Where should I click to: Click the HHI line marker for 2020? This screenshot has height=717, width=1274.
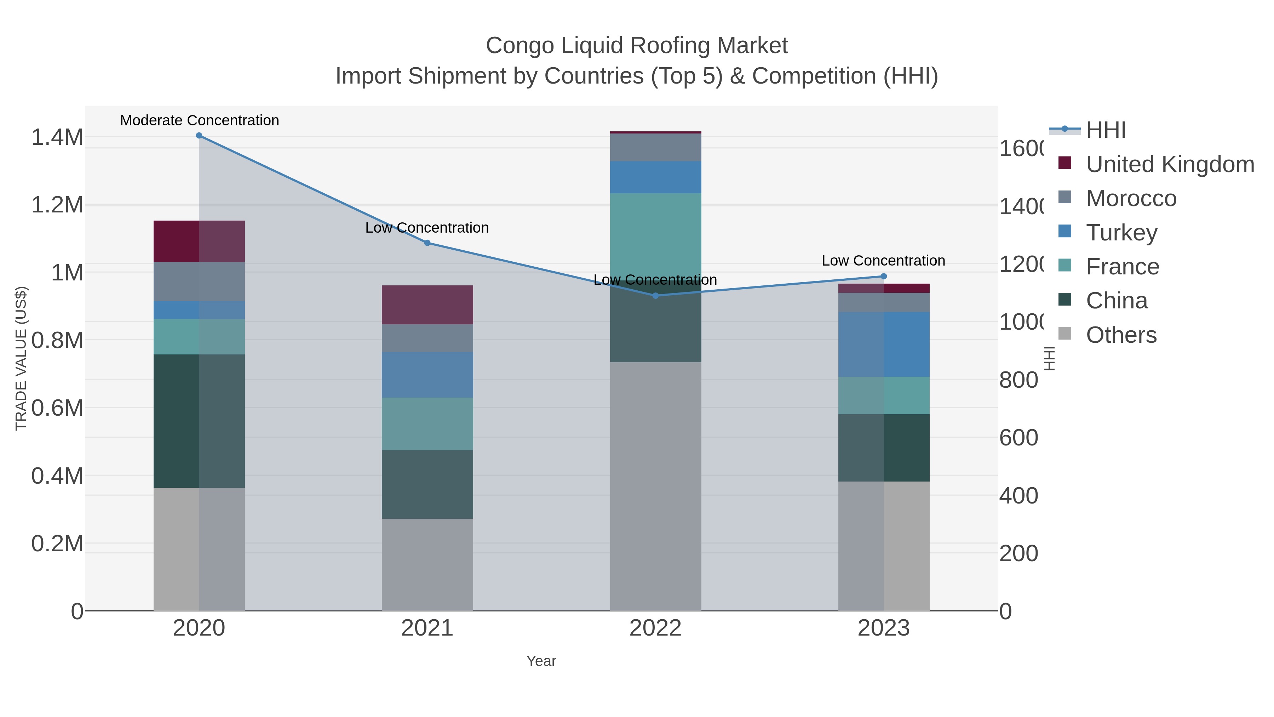click(x=199, y=136)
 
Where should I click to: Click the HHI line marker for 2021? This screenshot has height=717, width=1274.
click(x=427, y=243)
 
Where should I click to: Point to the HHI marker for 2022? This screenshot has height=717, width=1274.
click(x=655, y=296)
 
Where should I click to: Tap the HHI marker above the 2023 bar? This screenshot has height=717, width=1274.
click(x=884, y=277)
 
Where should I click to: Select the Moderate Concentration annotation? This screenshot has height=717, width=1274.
click(x=199, y=121)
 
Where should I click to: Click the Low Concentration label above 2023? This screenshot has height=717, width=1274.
click(x=883, y=261)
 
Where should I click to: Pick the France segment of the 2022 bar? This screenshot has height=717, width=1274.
click(x=655, y=233)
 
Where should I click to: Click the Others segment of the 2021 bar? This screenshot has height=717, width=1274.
click(x=427, y=564)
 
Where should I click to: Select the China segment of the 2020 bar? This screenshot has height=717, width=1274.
click(x=199, y=421)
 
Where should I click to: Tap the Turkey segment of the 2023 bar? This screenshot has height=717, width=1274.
click(x=884, y=345)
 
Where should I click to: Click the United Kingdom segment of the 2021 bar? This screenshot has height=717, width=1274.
click(x=427, y=305)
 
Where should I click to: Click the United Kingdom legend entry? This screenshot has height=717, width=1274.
click(x=1169, y=165)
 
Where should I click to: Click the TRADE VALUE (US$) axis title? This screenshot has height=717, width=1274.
click(x=21, y=358)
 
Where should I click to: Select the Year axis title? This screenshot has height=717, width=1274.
click(x=541, y=661)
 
